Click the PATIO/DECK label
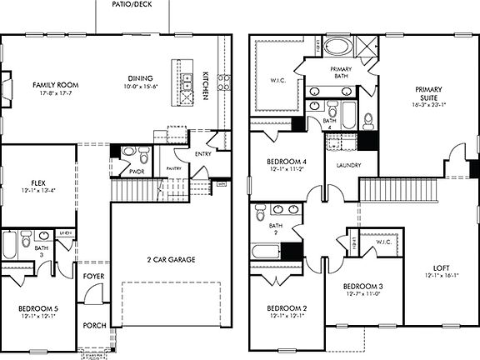[x=131, y=4]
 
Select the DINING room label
[x=139, y=77]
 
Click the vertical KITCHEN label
[x=205, y=86]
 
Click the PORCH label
[x=94, y=325]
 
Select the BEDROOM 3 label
[x=363, y=287]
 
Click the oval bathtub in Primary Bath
[x=338, y=46]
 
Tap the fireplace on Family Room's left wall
[x=5, y=87]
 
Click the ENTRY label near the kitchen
[x=202, y=153]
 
